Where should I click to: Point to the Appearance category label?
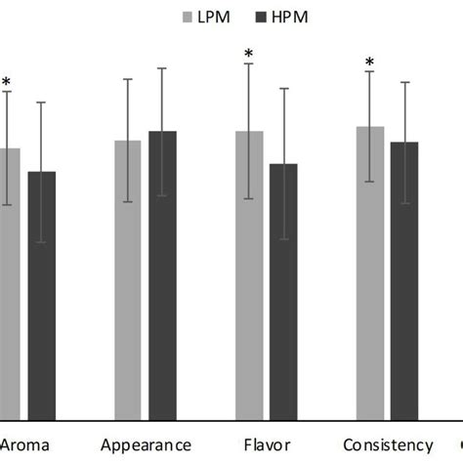pyautogui.click(x=146, y=443)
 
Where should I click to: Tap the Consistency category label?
pyautogui.click(x=387, y=443)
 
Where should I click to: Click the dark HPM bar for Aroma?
pyautogui.click(x=41, y=293)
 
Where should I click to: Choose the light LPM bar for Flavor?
pyautogui.click(x=249, y=274)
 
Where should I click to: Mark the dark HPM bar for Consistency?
pyautogui.click(x=404, y=279)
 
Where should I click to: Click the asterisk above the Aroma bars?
pyautogui.click(x=7, y=83)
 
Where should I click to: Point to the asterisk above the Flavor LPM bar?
pyautogui.click(x=249, y=55)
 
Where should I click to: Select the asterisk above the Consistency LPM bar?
pyautogui.click(x=369, y=63)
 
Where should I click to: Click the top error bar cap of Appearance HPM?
pyautogui.click(x=162, y=68)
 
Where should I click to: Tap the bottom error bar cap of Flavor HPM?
pyautogui.click(x=283, y=239)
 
